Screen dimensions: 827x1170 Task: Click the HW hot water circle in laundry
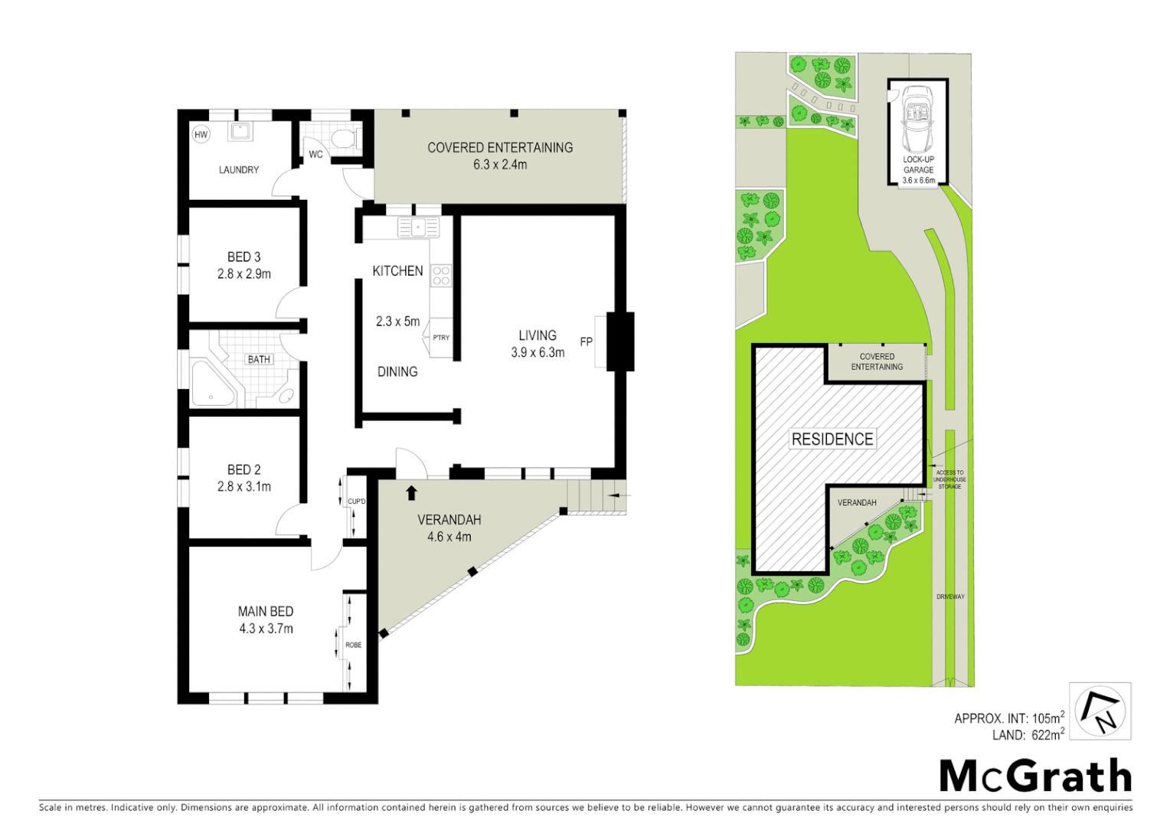pyautogui.click(x=201, y=135)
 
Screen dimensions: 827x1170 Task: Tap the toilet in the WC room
pyautogui.click(x=345, y=139)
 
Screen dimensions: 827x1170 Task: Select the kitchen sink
pyautogui.click(x=418, y=227)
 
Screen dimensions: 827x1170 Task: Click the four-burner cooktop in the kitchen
pyautogui.click(x=441, y=276)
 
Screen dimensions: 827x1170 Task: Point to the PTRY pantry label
pyautogui.click(x=441, y=338)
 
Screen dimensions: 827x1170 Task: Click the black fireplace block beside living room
pyautogui.click(x=619, y=342)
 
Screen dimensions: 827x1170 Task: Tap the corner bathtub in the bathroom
pyautogui.click(x=211, y=384)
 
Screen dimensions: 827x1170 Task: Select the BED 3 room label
pyautogui.click(x=243, y=257)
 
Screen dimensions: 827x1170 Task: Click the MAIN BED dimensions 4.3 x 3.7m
pyautogui.click(x=266, y=629)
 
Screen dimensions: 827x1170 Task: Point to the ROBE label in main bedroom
pyautogui.click(x=353, y=645)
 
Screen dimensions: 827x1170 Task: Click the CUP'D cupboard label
pyautogui.click(x=357, y=502)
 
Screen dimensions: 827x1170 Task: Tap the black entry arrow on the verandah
pyautogui.click(x=412, y=492)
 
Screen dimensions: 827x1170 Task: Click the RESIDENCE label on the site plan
pyautogui.click(x=832, y=439)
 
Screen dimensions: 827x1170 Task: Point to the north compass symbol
pyautogui.click(x=1100, y=711)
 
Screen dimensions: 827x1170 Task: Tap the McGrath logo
pyautogui.click(x=1035, y=776)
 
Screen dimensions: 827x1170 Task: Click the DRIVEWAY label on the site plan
pyautogui.click(x=950, y=597)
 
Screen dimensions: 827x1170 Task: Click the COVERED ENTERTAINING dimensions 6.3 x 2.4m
pyautogui.click(x=500, y=165)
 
